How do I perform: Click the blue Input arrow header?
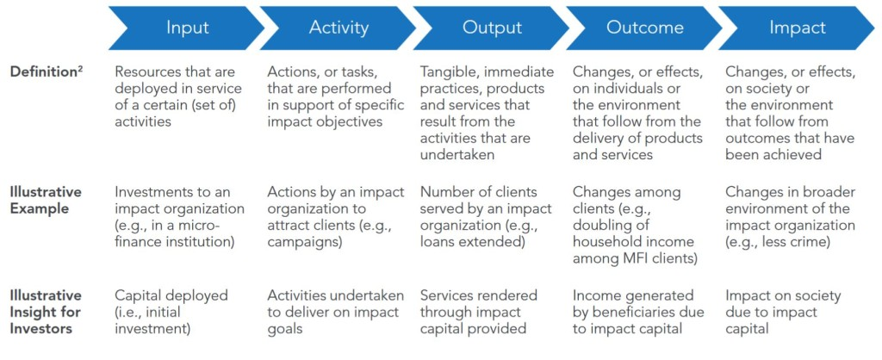click(187, 28)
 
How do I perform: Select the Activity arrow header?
click(339, 28)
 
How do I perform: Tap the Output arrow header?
click(492, 28)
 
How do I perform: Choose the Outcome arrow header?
click(644, 28)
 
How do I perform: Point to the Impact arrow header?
click(798, 28)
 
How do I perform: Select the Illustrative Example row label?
click(46, 200)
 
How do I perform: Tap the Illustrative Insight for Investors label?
click(46, 312)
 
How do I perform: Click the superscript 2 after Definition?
click(80, 69)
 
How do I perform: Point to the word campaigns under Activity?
click(297, 242)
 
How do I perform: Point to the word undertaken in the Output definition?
click(457, 154)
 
